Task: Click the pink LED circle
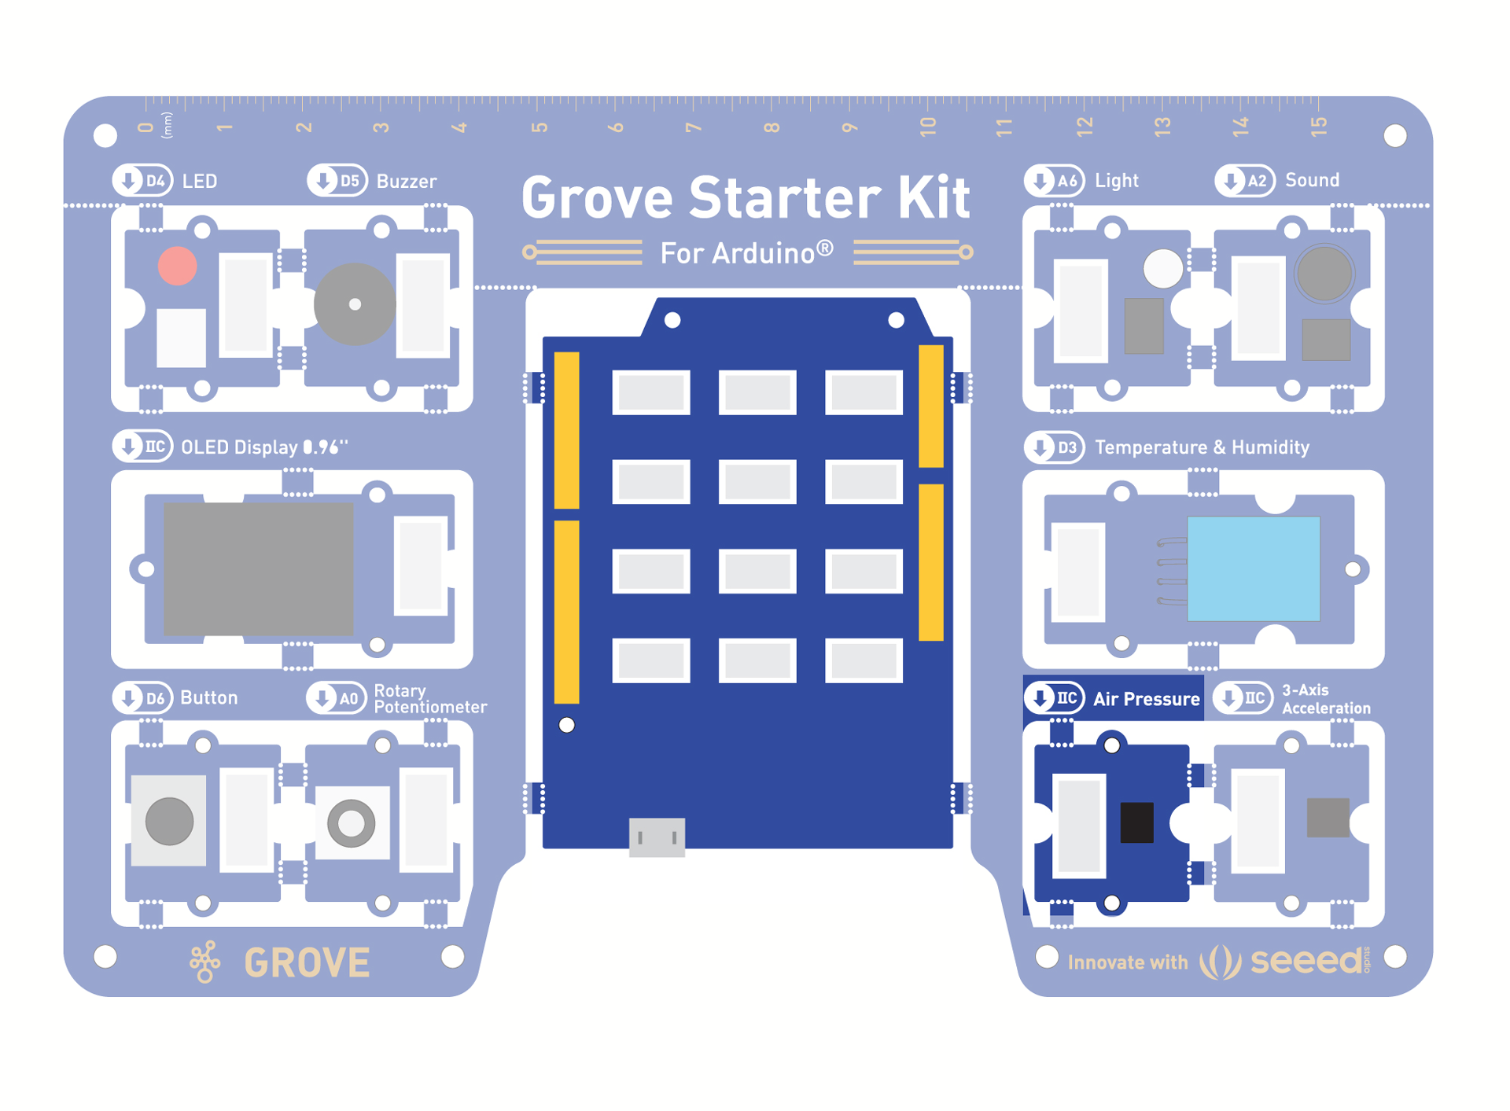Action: tap(177, 266)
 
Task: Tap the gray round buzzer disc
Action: tap(354, 304)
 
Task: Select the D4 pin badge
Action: tap(142, 181)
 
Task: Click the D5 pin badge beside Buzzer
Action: tap(337, 181)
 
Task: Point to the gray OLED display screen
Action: tap(258, 568)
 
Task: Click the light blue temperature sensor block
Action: tap(1253, 568)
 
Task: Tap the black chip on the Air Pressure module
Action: tap(1136, 822)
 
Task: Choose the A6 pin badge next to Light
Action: tap(1054, 181)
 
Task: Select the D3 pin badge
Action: tap(1054, 447)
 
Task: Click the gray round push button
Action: tap(169, 822)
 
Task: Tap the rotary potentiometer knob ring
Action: tap(351, 823)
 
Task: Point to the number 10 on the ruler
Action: tap(928, 126)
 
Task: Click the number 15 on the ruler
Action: tap(1319, 126)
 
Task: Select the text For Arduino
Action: tap(746, 253)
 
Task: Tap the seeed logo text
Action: tap(1306, 961)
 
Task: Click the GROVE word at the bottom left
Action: tap(307, 962)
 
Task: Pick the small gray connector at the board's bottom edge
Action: tap(657, 837)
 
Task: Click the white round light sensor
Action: tap(1162, 268)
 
